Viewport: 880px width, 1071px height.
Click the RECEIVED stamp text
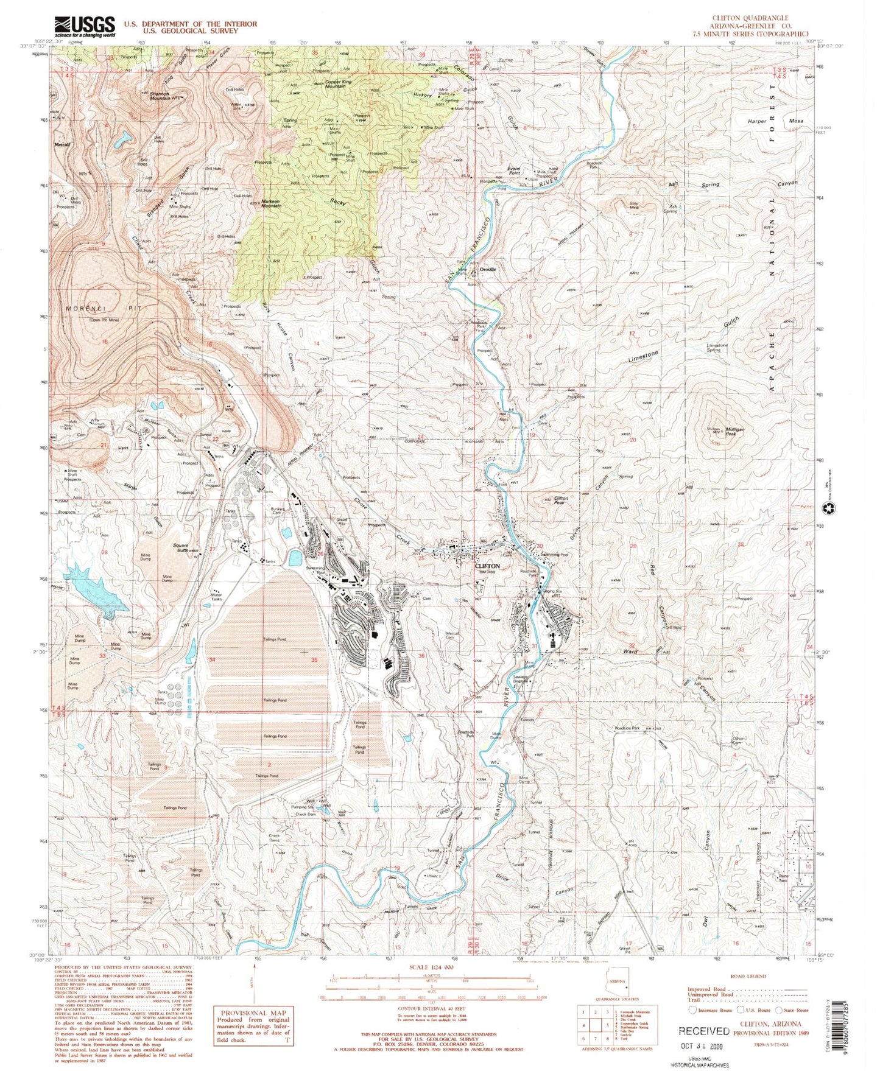704,1031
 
